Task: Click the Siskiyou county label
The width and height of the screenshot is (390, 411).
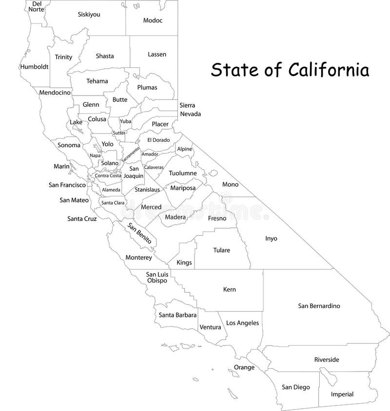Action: coord(89,15)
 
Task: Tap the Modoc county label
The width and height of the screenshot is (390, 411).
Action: coord(153,20)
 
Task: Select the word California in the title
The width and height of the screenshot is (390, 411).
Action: coord(328,70)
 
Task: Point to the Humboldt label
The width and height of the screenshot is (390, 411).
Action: coord(34,67)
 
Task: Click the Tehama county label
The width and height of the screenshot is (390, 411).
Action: coord(97,81)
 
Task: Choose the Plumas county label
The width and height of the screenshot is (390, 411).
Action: coord(147,88)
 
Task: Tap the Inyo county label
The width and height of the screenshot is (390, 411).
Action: coord(271,238)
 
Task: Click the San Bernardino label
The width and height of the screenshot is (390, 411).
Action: coord(319,306)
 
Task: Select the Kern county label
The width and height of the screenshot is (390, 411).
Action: coord(229,290)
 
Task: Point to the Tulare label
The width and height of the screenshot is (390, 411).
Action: coord(221,250)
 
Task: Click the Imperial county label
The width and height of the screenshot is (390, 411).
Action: coord(342,394)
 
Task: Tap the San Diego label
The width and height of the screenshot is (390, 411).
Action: coord(295,387)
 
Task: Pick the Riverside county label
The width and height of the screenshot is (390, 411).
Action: coord(326,359)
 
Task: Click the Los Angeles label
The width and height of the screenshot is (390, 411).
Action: coord(243,323)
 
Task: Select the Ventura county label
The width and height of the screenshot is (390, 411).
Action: coord(210,327)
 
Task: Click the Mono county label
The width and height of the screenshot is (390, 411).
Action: coord(230,185)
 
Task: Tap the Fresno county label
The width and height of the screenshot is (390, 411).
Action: coord(217,218)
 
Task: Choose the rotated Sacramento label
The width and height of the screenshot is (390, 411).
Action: coord(130,154)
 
